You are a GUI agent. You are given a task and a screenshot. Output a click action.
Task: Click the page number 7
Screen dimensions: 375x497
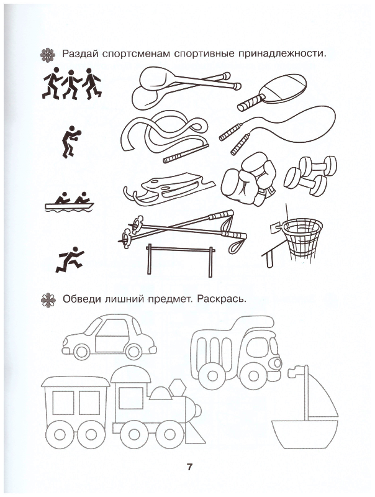point(189,467)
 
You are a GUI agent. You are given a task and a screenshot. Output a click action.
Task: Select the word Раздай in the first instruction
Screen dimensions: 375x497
point(81,53)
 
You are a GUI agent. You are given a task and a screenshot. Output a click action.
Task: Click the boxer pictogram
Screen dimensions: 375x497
point(71,142)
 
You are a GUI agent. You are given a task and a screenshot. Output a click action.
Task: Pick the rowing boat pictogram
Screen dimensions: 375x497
point(70,202)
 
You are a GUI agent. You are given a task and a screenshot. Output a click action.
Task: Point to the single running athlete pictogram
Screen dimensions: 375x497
point(70,260)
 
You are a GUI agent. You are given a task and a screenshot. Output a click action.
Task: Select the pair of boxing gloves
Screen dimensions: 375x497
point(249,178)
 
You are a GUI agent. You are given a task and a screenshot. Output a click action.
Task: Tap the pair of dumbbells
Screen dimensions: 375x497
point(310,175)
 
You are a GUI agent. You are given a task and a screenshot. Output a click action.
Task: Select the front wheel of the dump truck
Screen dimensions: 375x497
point(254,376)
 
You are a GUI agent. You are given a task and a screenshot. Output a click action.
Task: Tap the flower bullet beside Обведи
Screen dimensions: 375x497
point(48,300)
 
